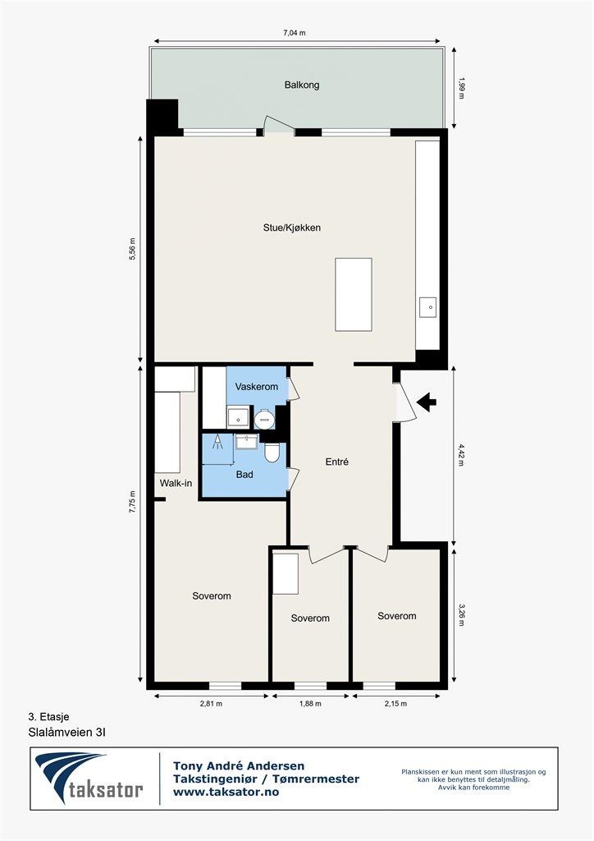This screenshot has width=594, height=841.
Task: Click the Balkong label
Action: [x=302, y=85]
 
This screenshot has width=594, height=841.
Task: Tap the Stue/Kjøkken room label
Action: [x=292, y=227]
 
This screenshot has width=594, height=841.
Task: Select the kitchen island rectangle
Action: [x=354, y=295]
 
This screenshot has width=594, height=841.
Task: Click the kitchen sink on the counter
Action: [x=428, y=308]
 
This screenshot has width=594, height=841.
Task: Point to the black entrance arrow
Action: [x=427, y=402]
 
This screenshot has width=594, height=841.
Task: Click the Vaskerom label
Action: [x=257, y=386]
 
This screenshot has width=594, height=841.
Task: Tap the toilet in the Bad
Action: [x=272, y=453]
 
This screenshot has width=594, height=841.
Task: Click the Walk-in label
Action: [x=176, y=483]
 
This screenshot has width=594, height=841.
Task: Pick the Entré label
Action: [x=337, y=462]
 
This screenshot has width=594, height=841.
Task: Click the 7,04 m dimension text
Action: [x=295, y=33]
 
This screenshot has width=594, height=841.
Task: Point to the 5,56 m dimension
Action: [x=132, y=249]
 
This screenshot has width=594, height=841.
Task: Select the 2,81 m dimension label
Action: [x=211, y=704]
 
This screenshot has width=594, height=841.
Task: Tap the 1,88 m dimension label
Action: [x=310, y=704]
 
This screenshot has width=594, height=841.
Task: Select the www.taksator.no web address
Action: [x=226, y=792]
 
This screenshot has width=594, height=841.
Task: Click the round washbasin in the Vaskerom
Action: [x=264, y=420]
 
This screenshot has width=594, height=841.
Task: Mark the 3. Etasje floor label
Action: [x=48, y=716]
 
